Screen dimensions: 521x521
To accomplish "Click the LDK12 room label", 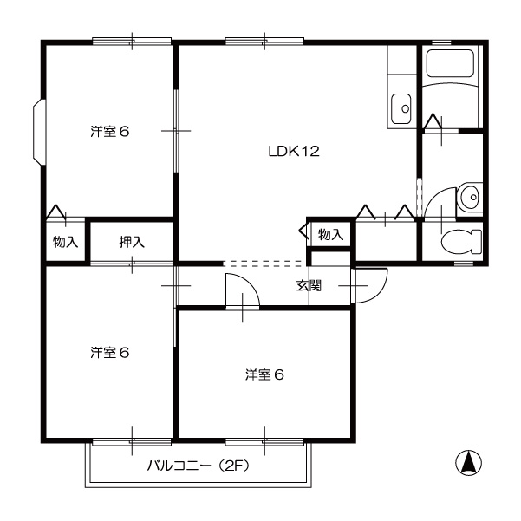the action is pyautogui.click(x=294, y=152).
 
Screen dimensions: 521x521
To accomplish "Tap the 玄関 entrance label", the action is pyautogui.click(x=309, y=285).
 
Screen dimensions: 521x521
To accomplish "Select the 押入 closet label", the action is pyautogui.click(x=132, y=242).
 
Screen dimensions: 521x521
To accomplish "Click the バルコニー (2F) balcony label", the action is pyautogui.click(x=198, y=466).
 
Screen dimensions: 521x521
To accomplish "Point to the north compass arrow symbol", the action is pyautogui.click(x=468, y=462).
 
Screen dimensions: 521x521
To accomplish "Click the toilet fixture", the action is pyautogui.click(x=461, y=242).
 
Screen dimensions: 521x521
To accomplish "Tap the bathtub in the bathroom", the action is pyautogui.click(x=450, y=63).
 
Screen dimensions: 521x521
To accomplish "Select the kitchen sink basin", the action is pyautogui.click(x=401, y=108).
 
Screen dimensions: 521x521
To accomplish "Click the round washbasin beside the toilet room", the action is pyautogui.click(x=468, y=197).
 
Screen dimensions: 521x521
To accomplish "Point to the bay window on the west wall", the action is pyautogui.click(x=38, y=132).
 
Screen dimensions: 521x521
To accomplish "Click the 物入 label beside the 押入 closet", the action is pyautogui.click(x=66, y=242).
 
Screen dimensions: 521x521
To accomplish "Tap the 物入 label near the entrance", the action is pyautogui.click(x=330, y=235).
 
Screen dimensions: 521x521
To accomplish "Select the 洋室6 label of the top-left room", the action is pyautogui.click(x=109, y=132).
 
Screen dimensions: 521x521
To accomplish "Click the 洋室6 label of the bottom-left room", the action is pyautogui.click(x=109, y=353).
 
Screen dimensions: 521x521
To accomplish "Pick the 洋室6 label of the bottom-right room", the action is pyautogui.click(x=264, y=374).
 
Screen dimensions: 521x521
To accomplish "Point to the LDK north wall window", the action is pyautogui.click(x=264, y=42).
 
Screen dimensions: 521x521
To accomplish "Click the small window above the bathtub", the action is pyautogui.click(x=441, y=42).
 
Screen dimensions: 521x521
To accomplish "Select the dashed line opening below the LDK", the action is pyautogui.click(x=264, y=264).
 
